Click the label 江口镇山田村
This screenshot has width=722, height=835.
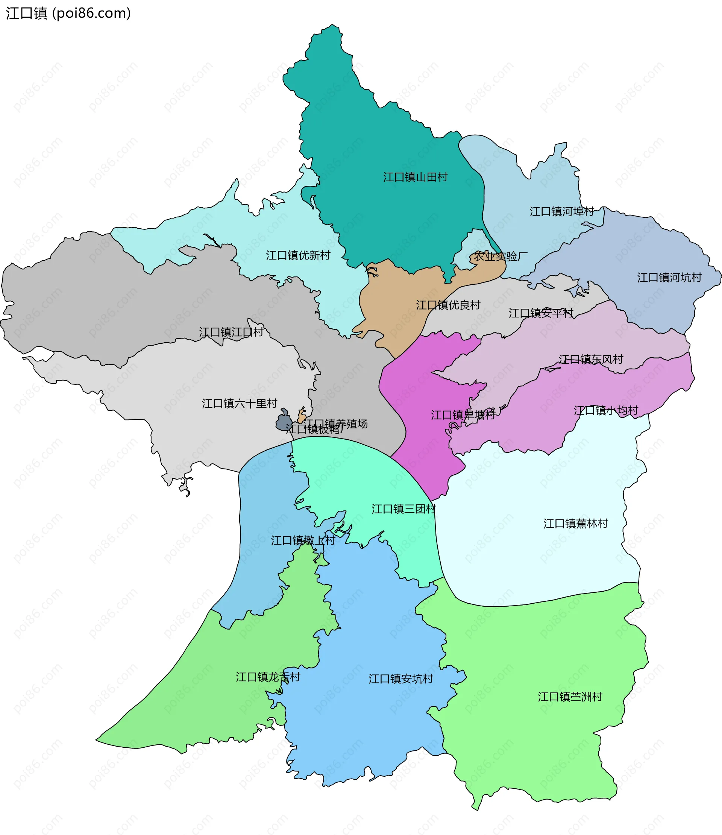pos(415,177)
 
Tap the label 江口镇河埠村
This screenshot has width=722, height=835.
pos(561,211)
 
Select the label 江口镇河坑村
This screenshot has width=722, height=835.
pos(669,278)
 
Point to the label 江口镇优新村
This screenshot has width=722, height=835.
pos(298,255)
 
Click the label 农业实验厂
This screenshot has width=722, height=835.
pos(500,257)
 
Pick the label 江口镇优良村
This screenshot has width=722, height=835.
pos(448,305)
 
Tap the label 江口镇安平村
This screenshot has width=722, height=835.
pos(540,313)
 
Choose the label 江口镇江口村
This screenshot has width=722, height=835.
pos(231,332)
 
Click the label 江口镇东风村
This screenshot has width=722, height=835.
pos(591,359)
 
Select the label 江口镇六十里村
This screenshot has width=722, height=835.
pos(239,403)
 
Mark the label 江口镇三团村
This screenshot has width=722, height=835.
pos(403,509)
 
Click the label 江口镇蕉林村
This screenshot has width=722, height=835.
pos(575,524)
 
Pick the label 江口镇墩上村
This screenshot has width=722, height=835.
pos(303,540)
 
